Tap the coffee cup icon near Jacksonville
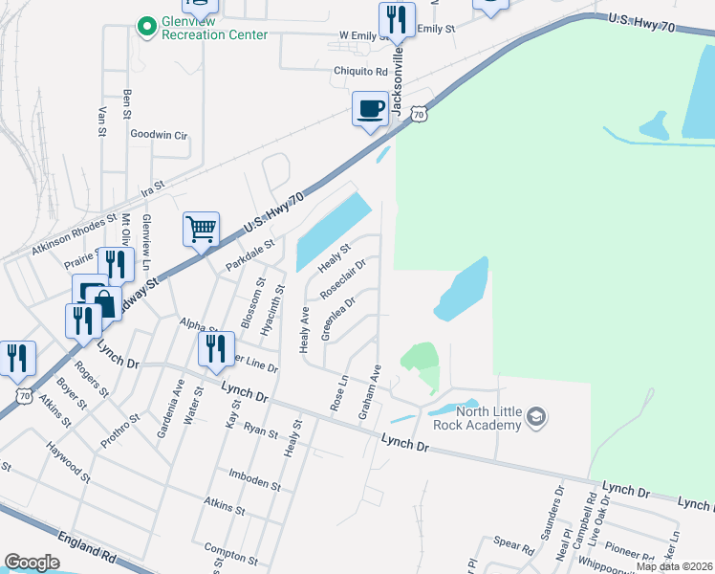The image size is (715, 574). click(x=370, y=109)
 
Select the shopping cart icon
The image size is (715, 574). click(x=201, y=230)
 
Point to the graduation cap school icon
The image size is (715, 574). click(x=537, y=416)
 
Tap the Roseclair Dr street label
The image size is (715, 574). click(x=344, y=277)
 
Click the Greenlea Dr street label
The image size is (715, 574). click(x=338, y=317)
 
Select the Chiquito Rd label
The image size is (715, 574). click(x=360, y=71)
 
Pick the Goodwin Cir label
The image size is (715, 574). click(x=159, y=135)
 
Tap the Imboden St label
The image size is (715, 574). click(x=254, y=479)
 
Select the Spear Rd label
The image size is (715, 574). click(x=514, y=546)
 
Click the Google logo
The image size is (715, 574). click(x=32, y=563)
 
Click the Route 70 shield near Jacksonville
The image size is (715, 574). click(x=418, y=114)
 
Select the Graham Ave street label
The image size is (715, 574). click(x=369, y=391)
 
